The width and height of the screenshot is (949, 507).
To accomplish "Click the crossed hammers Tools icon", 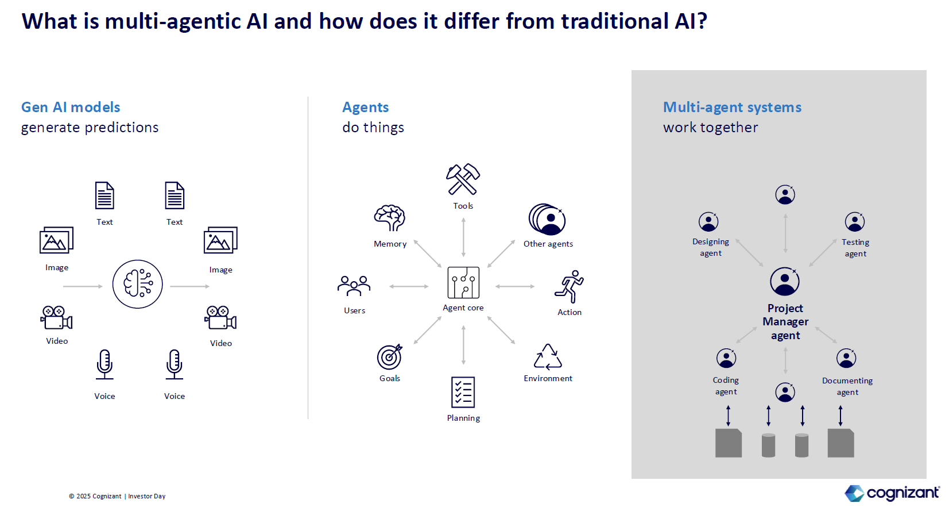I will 463,179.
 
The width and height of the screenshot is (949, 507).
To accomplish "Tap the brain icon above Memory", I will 390,218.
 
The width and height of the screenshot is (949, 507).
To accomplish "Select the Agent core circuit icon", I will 463,282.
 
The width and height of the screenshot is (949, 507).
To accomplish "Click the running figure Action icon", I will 569,286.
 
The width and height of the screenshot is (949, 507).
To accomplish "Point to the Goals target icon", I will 390,356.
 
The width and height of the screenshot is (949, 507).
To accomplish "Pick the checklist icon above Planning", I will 463,392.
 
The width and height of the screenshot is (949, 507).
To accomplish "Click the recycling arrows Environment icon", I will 548,357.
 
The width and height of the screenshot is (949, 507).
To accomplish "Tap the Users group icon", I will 354,286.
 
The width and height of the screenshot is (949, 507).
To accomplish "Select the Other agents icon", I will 547,219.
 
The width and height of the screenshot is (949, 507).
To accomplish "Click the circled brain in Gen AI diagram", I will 138,284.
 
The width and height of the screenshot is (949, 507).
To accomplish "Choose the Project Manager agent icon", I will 785,282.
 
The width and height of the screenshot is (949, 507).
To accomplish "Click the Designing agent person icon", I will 708,221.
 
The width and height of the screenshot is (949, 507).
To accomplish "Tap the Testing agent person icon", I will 855,221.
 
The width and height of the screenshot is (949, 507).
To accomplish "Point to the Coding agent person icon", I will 726,358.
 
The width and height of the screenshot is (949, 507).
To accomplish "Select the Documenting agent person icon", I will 846,358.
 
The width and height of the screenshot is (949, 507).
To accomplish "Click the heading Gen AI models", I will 71,107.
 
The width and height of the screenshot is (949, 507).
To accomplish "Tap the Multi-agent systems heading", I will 732,107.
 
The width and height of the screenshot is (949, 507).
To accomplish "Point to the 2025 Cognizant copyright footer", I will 117,496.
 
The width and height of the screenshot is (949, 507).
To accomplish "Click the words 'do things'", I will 373,128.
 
